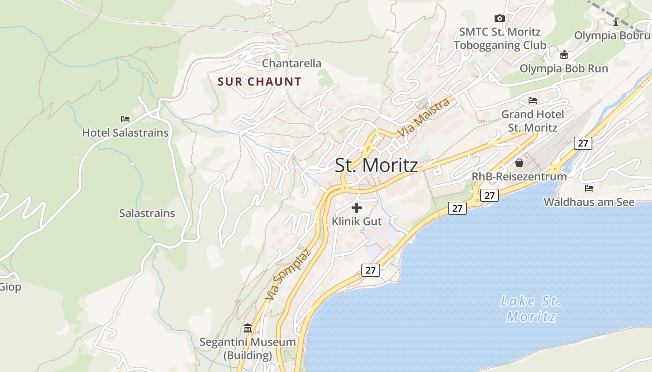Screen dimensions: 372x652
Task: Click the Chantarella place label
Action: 292,63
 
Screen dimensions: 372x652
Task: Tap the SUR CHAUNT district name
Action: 259,82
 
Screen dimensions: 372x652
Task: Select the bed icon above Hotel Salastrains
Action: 125,119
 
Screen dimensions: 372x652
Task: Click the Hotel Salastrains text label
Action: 125,133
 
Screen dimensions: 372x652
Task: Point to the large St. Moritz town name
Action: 376,166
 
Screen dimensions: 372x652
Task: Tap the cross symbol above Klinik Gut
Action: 357,208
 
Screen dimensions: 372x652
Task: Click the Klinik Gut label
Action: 357,221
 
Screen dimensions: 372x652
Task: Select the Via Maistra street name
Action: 424,118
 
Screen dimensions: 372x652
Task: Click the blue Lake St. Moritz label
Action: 531,309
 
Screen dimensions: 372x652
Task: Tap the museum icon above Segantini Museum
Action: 247,328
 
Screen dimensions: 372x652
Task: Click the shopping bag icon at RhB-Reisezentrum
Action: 519,163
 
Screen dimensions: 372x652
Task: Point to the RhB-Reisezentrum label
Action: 519,177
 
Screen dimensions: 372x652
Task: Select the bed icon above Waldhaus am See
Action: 589,188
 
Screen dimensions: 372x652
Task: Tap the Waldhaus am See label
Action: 589,202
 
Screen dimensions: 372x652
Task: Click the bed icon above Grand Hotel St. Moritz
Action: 533,100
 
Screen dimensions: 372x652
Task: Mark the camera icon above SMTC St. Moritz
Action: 499,19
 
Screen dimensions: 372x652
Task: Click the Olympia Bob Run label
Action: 564,68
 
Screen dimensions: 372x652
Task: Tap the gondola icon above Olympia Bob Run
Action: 564,55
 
